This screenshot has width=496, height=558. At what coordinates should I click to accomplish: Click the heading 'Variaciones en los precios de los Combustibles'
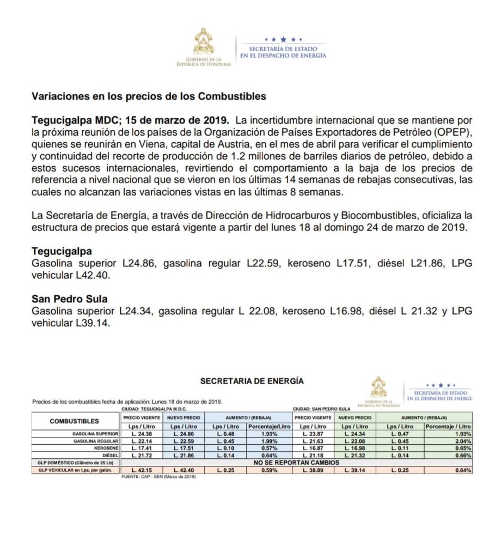[x=149, y=96]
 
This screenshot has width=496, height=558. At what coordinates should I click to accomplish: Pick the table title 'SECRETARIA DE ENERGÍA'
[x=252, y=381]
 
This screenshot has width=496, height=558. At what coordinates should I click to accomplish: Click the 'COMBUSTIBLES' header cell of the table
[x=75, y=421]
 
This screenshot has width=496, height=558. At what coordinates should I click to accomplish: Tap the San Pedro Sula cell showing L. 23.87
[x=314, y=434]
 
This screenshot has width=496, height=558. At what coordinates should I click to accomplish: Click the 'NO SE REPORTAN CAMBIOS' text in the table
[x=297, y=463]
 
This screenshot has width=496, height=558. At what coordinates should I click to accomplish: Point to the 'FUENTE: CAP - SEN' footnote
[x=158, y=477]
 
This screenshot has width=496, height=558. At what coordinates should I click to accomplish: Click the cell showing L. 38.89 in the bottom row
[x=314, y=470]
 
